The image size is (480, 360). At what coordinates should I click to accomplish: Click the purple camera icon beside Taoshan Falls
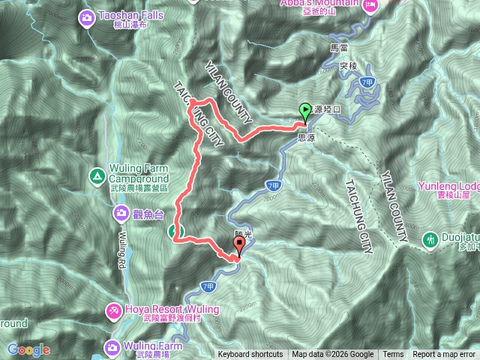(88, 16)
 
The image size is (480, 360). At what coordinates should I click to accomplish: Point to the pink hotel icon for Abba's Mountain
(370, 6)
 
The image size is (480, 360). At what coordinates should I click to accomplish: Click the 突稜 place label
(346, 65)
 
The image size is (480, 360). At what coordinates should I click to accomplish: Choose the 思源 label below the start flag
(306, 138)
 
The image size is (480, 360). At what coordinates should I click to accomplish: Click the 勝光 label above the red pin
(242, 235)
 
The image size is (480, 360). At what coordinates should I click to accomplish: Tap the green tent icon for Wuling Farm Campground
(97, 177)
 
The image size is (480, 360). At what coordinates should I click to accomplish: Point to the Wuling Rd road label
(121, 251)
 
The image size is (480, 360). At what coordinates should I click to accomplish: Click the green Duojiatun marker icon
(431, 240)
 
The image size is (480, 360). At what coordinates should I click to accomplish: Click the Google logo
(28, 349)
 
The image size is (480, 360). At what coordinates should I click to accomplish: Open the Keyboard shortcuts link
(250, 355)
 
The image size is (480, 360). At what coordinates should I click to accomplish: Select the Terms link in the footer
(393, 355)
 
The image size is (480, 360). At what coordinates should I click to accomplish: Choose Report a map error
(444, 355)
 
